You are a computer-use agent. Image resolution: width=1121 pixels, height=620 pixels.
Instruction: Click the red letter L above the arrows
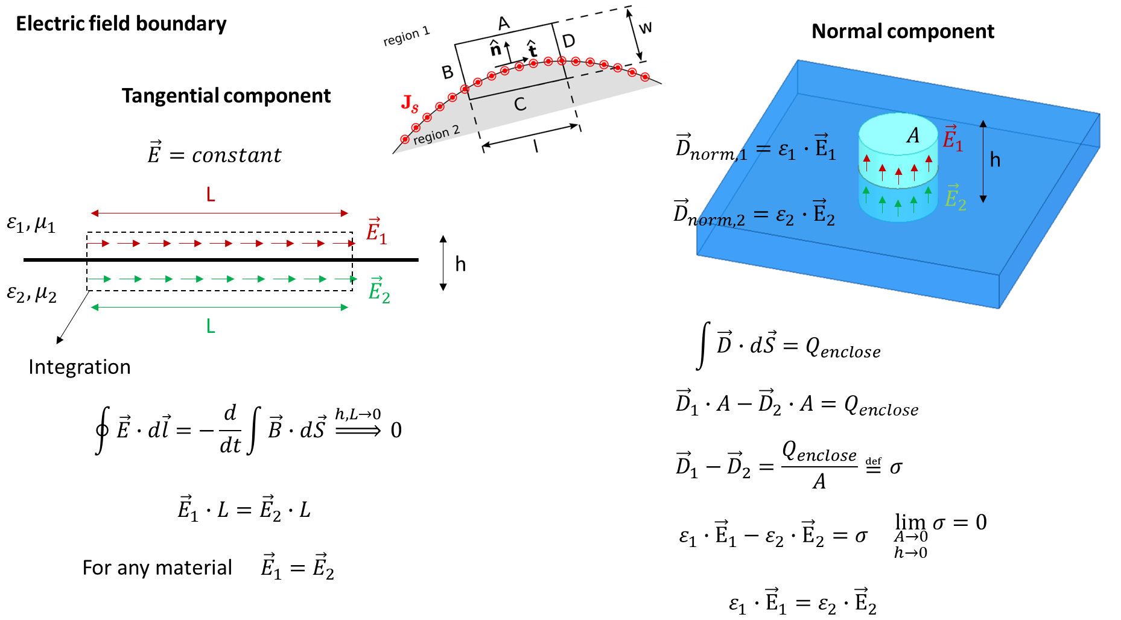(211, 195)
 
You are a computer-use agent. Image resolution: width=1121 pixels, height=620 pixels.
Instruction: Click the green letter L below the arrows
(211, 326)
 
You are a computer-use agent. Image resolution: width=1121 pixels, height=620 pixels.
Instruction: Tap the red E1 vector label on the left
(376, 231)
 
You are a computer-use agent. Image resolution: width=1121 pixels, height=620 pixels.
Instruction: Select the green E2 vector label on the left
(379, 290)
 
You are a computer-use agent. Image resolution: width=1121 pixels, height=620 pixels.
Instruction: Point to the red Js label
(410, 103)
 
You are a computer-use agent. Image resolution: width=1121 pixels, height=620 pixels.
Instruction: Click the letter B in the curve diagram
(447, 72)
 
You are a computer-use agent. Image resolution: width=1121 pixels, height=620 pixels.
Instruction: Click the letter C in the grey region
(520, 104)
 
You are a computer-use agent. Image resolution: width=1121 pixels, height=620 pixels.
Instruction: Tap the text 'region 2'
(436, 134)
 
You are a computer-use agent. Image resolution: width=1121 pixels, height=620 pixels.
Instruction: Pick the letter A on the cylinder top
(913, 136)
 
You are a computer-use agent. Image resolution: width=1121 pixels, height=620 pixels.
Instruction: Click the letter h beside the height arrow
(995, 160)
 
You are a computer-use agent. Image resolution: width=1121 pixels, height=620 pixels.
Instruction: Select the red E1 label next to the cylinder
(953, 139)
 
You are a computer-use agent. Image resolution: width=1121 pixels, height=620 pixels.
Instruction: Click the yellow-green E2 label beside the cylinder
(955, 198)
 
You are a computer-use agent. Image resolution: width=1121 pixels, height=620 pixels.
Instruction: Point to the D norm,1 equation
(756, 148)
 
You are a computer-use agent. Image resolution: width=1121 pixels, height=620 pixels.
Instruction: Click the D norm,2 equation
(754, 214)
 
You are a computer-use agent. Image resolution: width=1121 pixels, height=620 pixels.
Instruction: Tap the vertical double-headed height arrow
(983, 161)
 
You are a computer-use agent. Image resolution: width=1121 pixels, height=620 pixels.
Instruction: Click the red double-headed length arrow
(220, 213)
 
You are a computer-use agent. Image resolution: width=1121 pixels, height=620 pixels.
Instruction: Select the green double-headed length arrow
(220, 308)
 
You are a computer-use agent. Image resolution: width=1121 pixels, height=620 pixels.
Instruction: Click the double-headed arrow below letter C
(530, 136)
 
